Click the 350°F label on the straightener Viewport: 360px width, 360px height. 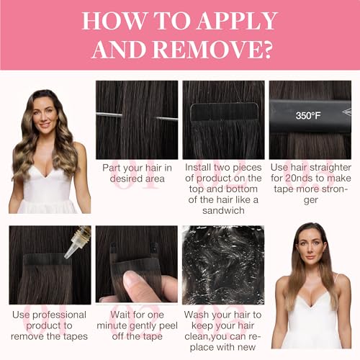click(x=308, y=116)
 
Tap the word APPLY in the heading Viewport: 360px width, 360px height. click(x=238, y=21)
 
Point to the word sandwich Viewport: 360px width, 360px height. click(x=223, y=210)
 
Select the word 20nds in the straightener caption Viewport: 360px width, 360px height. click(x=299, y=178)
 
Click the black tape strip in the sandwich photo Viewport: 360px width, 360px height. click(x=224, y=112)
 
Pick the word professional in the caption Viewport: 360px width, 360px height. click(x=59, y=315)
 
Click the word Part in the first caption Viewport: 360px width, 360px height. click(x=111, y=168)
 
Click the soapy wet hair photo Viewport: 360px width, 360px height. click(x=223, y=265)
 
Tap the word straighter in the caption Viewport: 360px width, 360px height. click(x=330, y=168)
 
